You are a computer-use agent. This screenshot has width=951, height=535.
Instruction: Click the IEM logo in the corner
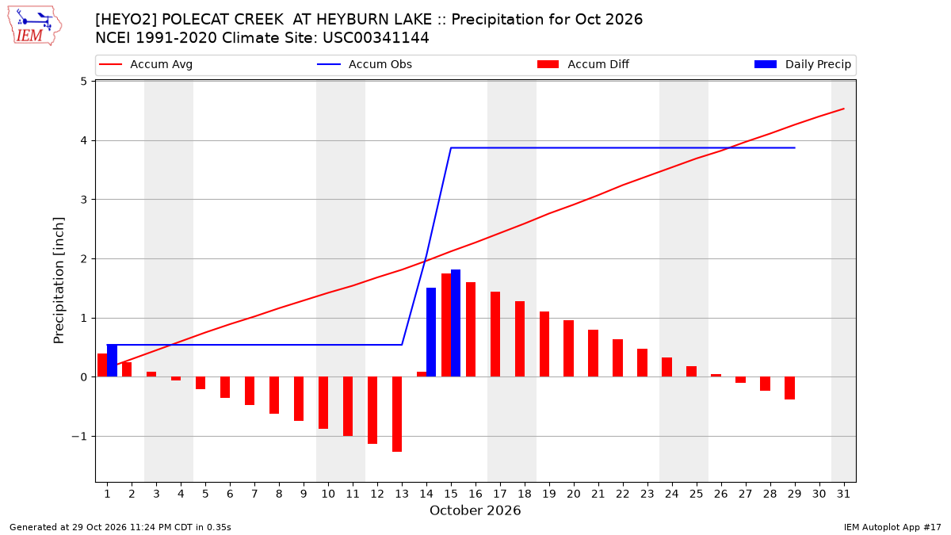coord(34,25)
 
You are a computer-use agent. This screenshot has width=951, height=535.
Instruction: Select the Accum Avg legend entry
coord(146,64)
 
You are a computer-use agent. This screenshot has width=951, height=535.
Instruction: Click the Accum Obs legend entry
coord(365,64)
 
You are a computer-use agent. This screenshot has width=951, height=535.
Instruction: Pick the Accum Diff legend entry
coord(583,64)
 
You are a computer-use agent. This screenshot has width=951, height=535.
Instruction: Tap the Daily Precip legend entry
coord(802,64)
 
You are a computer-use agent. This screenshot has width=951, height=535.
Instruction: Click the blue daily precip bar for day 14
coord(431,332)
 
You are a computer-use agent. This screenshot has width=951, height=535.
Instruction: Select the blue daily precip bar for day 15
coord(456,323)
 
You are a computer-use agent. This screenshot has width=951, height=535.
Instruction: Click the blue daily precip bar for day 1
coord(112,361)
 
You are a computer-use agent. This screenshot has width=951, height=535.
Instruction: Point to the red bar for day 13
coord(397,414)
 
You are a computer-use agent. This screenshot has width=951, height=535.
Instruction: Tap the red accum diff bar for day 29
coord(789,388)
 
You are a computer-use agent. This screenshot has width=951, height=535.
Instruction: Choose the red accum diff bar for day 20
coord(568,349)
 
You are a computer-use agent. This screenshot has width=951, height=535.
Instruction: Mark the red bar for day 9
coord(299,399)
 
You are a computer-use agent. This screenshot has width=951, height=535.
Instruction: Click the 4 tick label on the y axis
coord(83,140)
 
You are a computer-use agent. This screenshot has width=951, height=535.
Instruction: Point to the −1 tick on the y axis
coord(79,437)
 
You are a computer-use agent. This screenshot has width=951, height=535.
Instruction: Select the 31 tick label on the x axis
coord(843,494)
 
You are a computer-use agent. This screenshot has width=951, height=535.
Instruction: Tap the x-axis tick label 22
coord(623,494)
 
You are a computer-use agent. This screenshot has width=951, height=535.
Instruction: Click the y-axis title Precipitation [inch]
coord(59,281)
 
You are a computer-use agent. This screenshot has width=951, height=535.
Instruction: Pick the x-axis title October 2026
coord(475,510)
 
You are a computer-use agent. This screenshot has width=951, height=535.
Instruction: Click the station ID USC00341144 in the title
coord(376,38)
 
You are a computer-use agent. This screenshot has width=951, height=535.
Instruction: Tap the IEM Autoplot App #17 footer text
coord(892,527)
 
